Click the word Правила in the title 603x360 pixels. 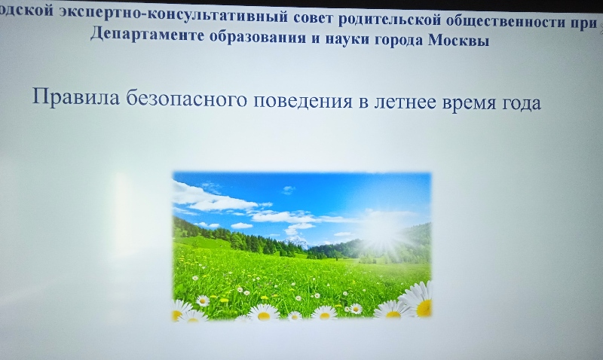[x=76, y=96]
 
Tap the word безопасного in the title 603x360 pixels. [x=186, y=99]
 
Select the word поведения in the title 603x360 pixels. [x=303, y=101]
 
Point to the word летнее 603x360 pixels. [x=406, y=102]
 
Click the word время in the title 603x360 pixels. [x=469, y=103]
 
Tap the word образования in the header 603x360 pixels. [x=258, y=37]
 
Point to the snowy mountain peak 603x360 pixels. [x=295, y=241]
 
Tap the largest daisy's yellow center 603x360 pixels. [x=424, y=307]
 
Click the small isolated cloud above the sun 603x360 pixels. [x=289, y=189]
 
